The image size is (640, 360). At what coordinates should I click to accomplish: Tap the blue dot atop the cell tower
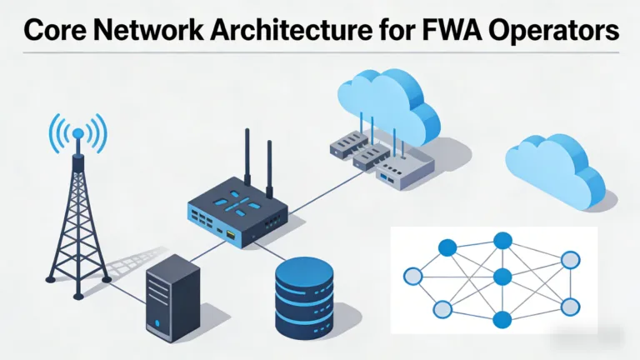click(79, 134)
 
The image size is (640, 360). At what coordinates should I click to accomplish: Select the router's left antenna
click(247, 158)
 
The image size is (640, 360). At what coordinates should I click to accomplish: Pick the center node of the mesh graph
click(501, 277)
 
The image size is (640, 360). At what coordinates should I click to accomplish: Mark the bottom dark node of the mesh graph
click(501, 319)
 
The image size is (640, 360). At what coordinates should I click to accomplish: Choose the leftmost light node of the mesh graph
click(412, 277)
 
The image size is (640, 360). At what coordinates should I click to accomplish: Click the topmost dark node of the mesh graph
click(502, 241)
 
